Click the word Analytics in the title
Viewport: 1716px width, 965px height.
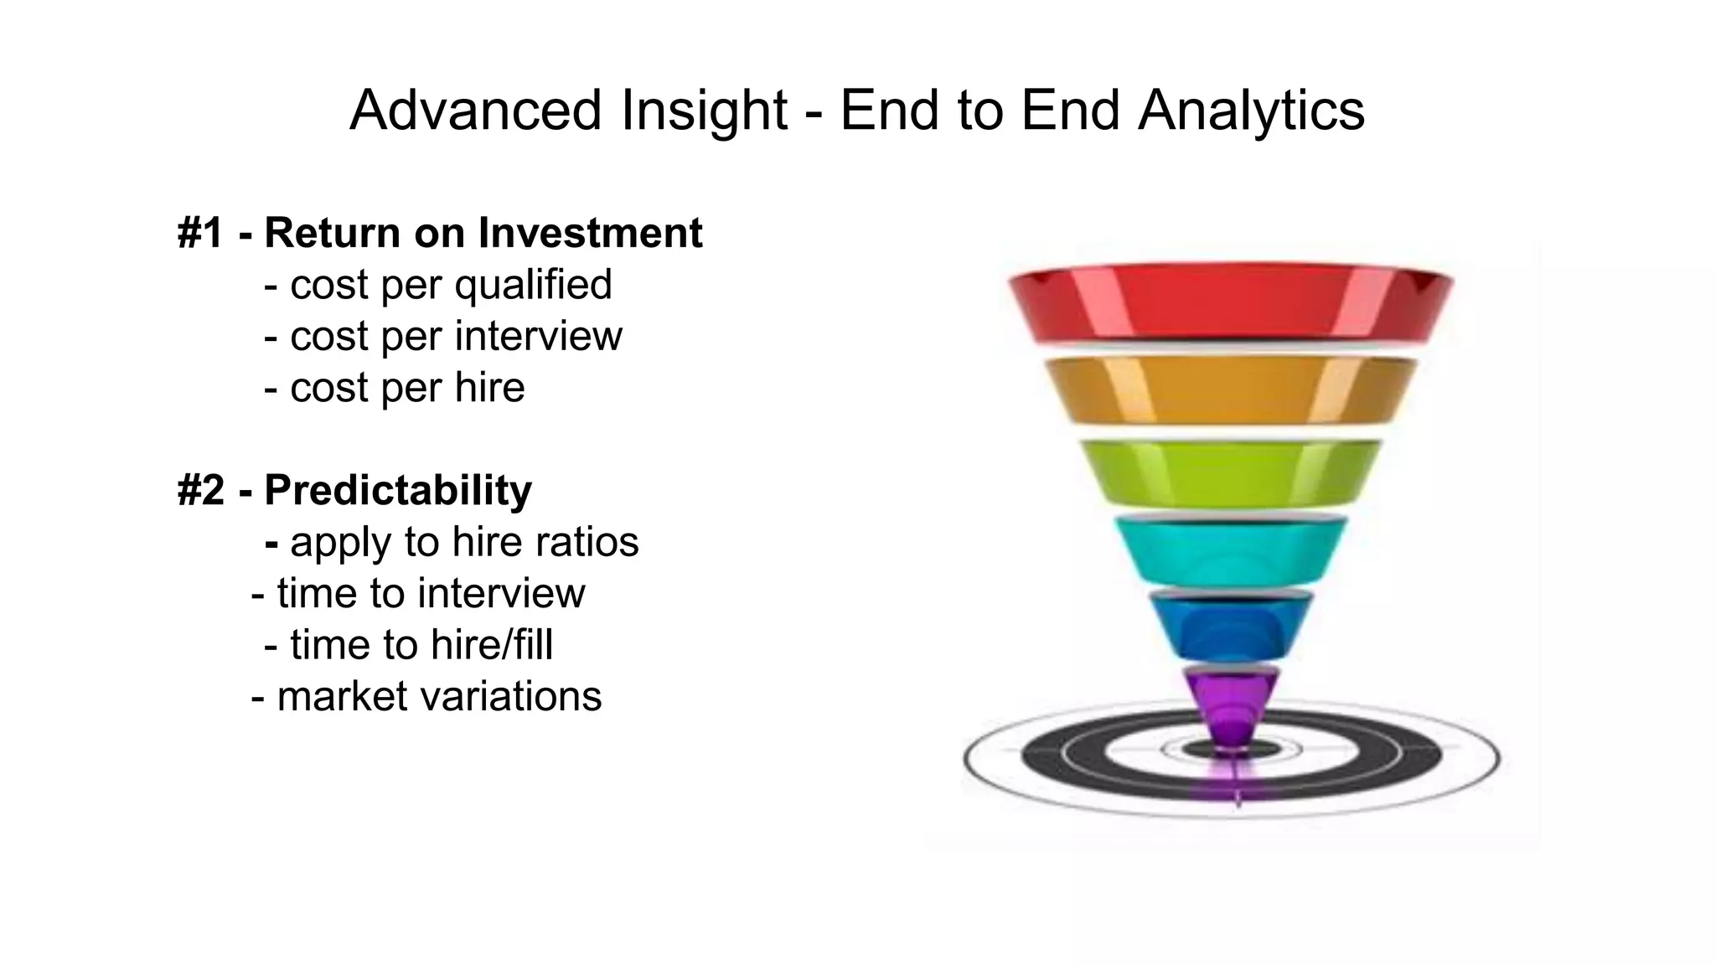coord(1251,111)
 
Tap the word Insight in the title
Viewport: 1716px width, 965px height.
coord(704,111)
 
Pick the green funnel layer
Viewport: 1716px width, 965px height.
coord(1230,473)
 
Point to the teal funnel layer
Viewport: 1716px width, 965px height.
coord(1230,549)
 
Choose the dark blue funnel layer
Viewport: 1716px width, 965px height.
coord(1230,624)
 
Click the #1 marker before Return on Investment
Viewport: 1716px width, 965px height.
coord(200,233)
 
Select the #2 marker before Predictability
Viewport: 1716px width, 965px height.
coord(200,490)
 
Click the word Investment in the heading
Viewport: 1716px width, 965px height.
coord(590,233)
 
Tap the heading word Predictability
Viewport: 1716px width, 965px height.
coord(398,490)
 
